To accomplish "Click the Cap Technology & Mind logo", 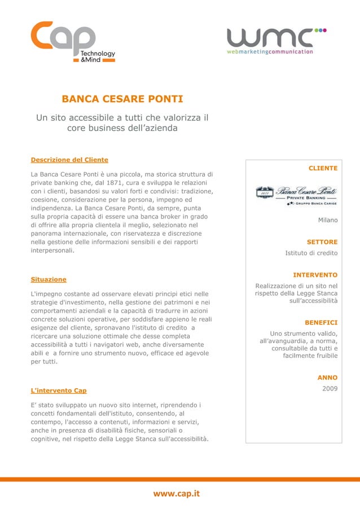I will [x=73, y=42].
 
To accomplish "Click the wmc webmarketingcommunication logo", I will [x=276, y=41].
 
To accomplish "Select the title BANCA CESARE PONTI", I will [x=122, y=100].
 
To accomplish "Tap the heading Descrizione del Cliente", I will [x=69, y=160].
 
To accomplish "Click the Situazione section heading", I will [x=48, y=279].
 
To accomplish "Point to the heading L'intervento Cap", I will [x=58, y=390].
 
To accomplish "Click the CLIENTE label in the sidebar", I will [x=323, y=168].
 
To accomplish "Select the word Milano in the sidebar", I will [x=327, y=220].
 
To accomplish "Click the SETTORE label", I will [x=322, y=242].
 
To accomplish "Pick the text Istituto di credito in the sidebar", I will [x=311, y=253].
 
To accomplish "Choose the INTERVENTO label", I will [x=315, y=275].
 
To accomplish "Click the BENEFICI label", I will [x=321, y=323].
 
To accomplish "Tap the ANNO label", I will [x=327, y=378].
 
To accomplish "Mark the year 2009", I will [x=330, y=389].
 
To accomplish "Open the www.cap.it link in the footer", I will [x=177, y=494].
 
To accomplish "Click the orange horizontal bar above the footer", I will [x=180, y=479].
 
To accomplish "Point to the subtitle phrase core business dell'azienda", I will [x=122, y=128].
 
